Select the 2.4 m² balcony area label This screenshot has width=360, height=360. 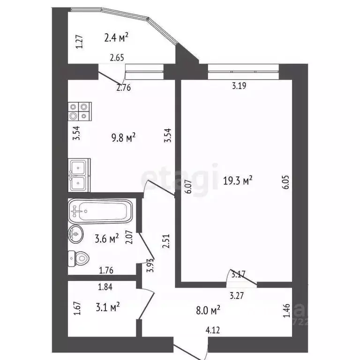[116, 37]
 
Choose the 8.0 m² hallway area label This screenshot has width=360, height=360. [207, 310]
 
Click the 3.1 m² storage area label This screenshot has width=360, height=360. [106, 307]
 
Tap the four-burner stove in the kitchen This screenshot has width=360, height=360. [78, 111]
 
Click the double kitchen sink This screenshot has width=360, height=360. [79, 175]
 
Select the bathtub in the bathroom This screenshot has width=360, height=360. [100, 211]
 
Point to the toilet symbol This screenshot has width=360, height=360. [79, 257]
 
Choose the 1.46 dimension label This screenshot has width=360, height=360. [286, 312]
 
